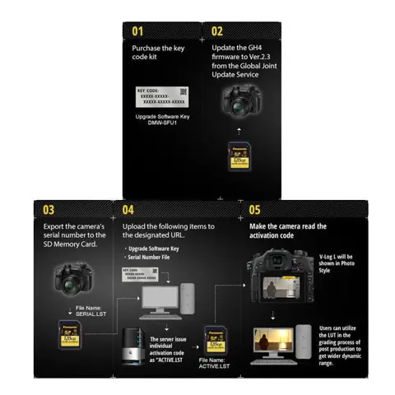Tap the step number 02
coord(217,31)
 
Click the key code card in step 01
coord(161,95)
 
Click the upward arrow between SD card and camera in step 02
coord(238,130)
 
